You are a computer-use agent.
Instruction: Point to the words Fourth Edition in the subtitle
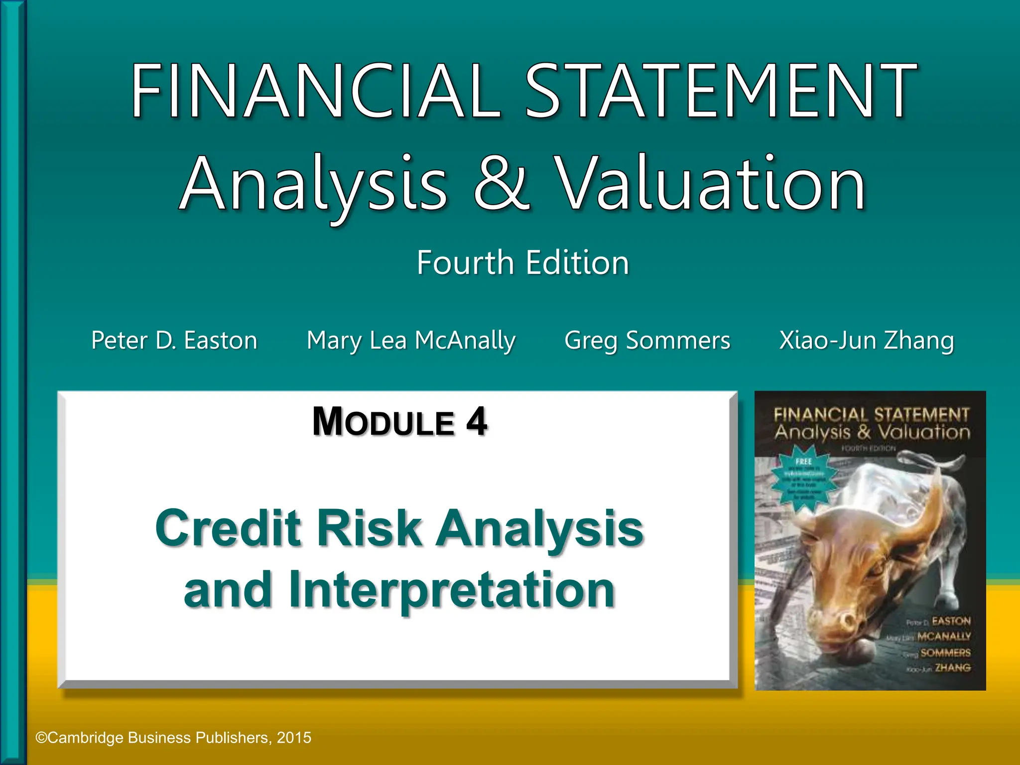click(523, 262)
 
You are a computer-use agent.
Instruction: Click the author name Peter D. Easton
click(174, 341)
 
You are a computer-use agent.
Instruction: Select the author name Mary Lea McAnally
click(411, 341)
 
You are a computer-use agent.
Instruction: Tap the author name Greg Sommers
click(647, 341)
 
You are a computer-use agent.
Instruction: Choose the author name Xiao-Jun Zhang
click(867, 341)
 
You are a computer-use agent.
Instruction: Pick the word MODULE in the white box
click(383, 423)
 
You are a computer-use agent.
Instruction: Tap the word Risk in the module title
click(369, 528)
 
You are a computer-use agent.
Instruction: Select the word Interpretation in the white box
click(451, 590)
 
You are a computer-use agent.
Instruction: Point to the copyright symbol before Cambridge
click(41, 738)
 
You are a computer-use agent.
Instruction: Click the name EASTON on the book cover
click(951, 621)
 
